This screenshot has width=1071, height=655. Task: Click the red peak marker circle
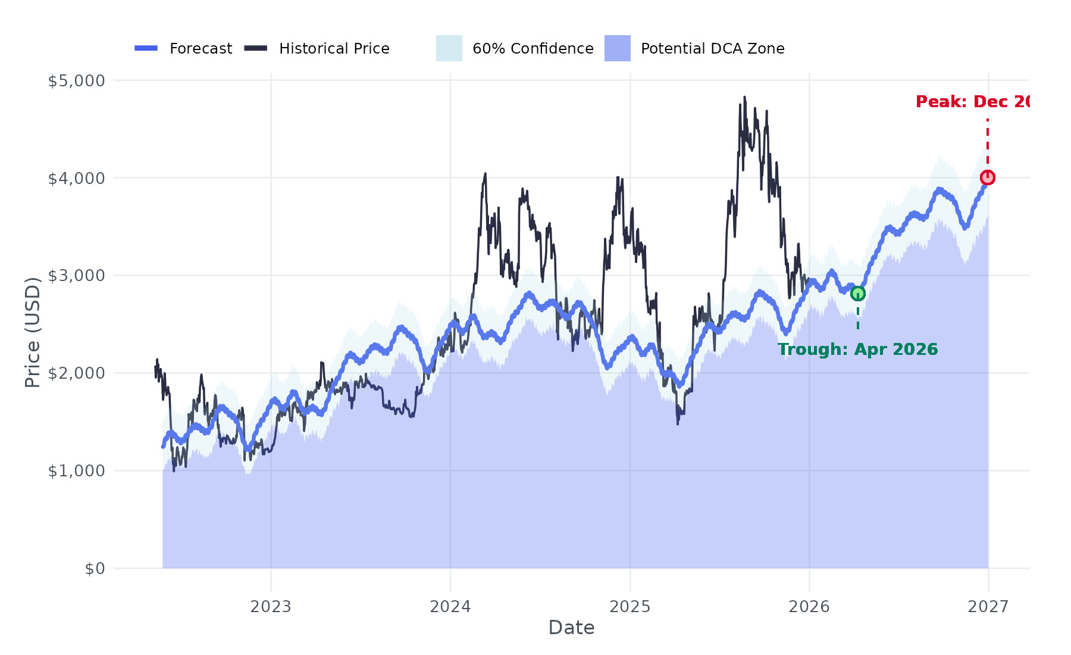click(x=988, y=177)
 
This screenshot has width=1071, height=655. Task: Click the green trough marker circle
click(x=857, y=294)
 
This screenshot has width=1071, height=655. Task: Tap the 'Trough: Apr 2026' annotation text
click(x=857, y=350)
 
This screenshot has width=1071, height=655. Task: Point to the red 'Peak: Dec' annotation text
click(x=972, y=102)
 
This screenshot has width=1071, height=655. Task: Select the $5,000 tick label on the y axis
click(x=76, y=80)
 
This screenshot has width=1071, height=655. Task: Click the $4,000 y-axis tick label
click(x=76, y=178)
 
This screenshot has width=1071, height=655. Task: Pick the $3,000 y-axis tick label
click(x=76, y=276)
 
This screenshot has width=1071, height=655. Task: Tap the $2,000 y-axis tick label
click(x=76, y=373)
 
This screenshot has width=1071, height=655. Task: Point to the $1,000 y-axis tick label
click(x=76, y=471)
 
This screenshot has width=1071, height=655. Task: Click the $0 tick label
click(x=95, y=569)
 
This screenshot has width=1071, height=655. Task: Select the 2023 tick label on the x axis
click(x=271, y=607)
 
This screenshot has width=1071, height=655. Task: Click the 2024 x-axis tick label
click(x=450, y=607)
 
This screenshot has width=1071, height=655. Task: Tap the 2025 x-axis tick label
click(x=630, y=607)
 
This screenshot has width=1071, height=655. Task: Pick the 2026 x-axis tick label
click(x=809, y=607)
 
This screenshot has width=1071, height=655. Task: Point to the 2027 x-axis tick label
click(x=988, y=607)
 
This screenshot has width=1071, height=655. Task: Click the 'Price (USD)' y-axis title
click(x=33, y=332)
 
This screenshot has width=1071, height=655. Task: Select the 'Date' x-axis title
click(x=571, y=628)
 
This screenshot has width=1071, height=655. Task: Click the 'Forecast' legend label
click(x=201, y=49)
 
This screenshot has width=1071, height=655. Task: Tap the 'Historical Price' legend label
click(x=334, y=49)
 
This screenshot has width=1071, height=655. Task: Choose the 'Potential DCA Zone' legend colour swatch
click(x=617, y=48)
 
